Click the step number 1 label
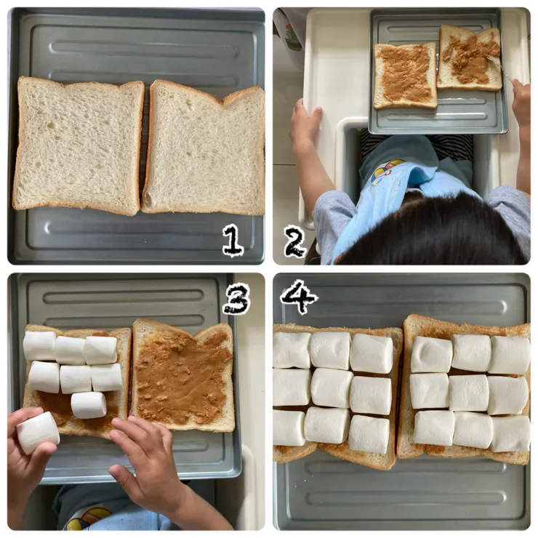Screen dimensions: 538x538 coord(233,241)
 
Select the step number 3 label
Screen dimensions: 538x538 coord(236,299)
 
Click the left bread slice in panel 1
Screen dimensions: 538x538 coord(79,145)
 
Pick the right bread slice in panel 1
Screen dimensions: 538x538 coord(204,148)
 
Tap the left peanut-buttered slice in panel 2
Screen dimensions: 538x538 coord(405,75)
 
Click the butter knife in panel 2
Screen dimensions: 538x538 coord(499,68)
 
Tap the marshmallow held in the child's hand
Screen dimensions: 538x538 coord(38,433)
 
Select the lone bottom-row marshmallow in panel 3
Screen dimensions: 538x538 coord(89,405)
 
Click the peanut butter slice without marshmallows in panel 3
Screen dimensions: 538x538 coord(183,374)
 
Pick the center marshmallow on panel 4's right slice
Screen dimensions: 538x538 coord(469,393)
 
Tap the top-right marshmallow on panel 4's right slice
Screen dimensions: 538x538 coord(510,355)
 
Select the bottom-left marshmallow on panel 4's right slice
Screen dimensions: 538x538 coord(434,427)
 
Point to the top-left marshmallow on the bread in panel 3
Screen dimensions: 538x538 coord(39,346)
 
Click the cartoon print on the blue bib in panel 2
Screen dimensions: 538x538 coord(388,172)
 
